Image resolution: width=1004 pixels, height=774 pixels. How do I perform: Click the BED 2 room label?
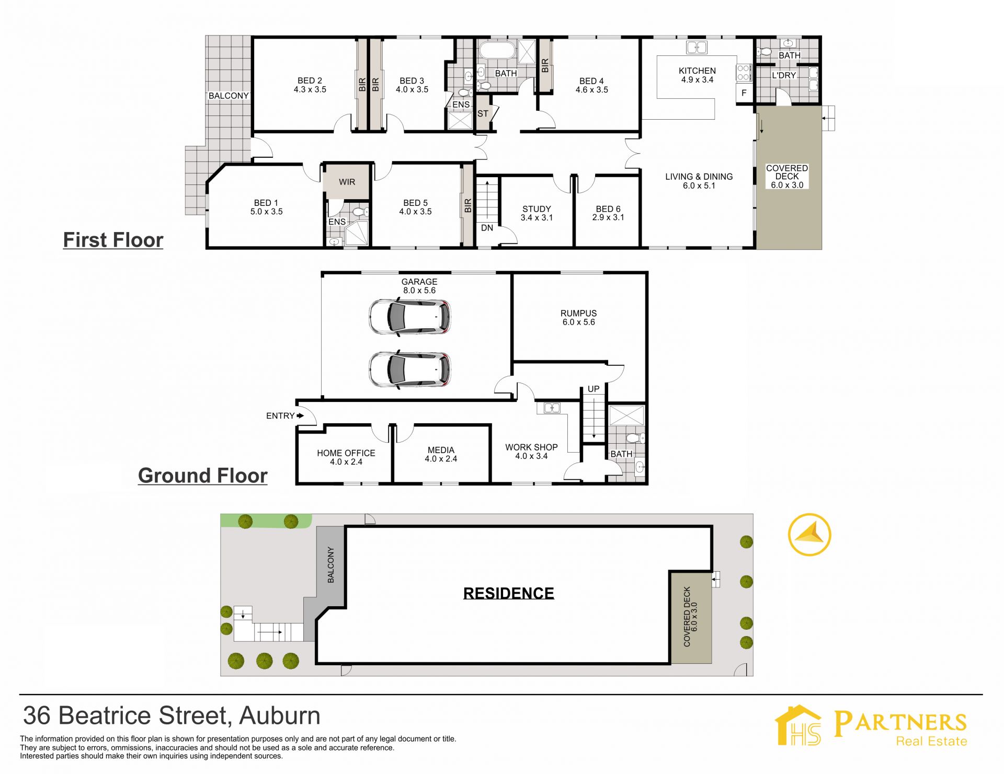310,85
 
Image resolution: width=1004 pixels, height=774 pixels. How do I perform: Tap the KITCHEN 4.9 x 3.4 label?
697,75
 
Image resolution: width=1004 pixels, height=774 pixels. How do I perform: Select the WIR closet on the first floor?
347,181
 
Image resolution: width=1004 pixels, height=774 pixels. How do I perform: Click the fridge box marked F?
744,93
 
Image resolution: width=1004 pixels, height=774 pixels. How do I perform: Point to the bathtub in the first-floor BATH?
497,51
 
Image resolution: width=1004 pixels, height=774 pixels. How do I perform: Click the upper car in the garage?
409,317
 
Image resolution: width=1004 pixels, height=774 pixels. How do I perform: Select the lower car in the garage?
409,369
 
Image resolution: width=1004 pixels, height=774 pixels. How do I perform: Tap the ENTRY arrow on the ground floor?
300,416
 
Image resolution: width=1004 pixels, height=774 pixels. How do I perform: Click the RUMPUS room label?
578,318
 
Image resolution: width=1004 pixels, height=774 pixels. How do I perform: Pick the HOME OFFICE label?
346,457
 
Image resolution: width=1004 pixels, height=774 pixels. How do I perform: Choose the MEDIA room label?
441,454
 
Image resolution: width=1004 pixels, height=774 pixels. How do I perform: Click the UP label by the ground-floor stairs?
594,389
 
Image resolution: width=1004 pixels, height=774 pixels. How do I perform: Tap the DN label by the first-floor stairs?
487,228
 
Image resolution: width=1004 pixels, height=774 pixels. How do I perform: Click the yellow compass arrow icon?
809,535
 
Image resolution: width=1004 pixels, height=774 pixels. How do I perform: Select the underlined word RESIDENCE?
509,594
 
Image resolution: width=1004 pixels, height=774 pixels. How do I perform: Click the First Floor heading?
113,240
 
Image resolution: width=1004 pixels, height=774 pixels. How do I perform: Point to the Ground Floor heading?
203,476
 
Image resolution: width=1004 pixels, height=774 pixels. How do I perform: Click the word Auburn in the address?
280,716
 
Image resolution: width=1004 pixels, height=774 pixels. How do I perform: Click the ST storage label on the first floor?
483,113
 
